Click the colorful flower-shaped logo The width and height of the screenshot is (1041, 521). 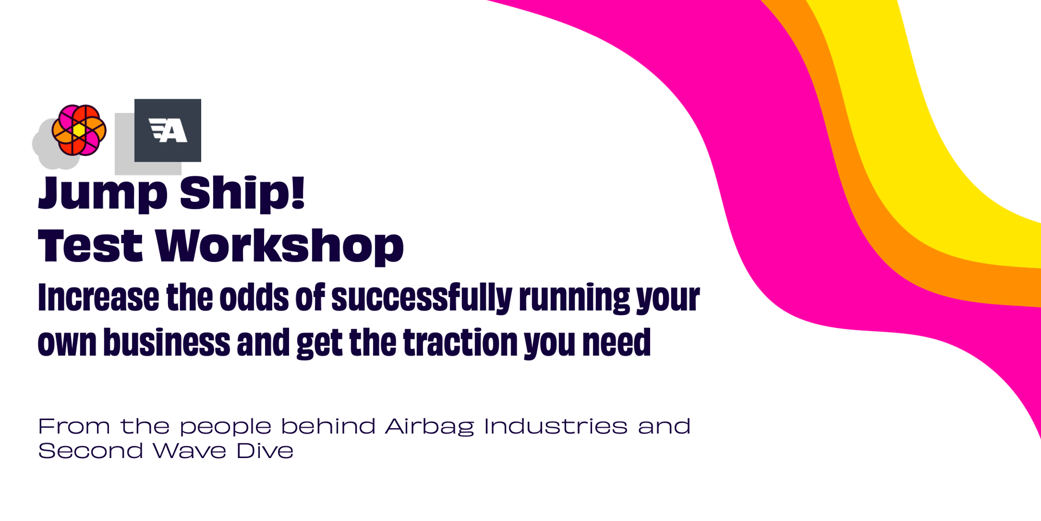coord(79,130)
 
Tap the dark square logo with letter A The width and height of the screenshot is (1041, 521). coord(168,130)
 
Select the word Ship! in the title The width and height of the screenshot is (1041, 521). coord(242,193)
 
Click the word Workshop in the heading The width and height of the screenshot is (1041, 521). coord(280,246)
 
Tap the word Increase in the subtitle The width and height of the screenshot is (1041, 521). coord(99,297)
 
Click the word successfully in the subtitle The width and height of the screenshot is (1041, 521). coord(422,298)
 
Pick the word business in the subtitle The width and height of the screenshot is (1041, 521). coord(166,342)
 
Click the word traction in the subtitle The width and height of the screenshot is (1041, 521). coord(460,342)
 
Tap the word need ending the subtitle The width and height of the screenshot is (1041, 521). coord(616,342)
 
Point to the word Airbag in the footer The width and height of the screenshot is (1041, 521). coord(429,427)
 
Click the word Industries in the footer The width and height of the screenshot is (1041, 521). coord(556,426)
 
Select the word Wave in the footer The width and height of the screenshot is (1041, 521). coord(189,450)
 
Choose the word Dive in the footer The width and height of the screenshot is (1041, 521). coord(265,450)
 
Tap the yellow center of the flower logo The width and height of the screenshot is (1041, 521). coord(79,130)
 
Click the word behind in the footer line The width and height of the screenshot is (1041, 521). coord(327,426)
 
